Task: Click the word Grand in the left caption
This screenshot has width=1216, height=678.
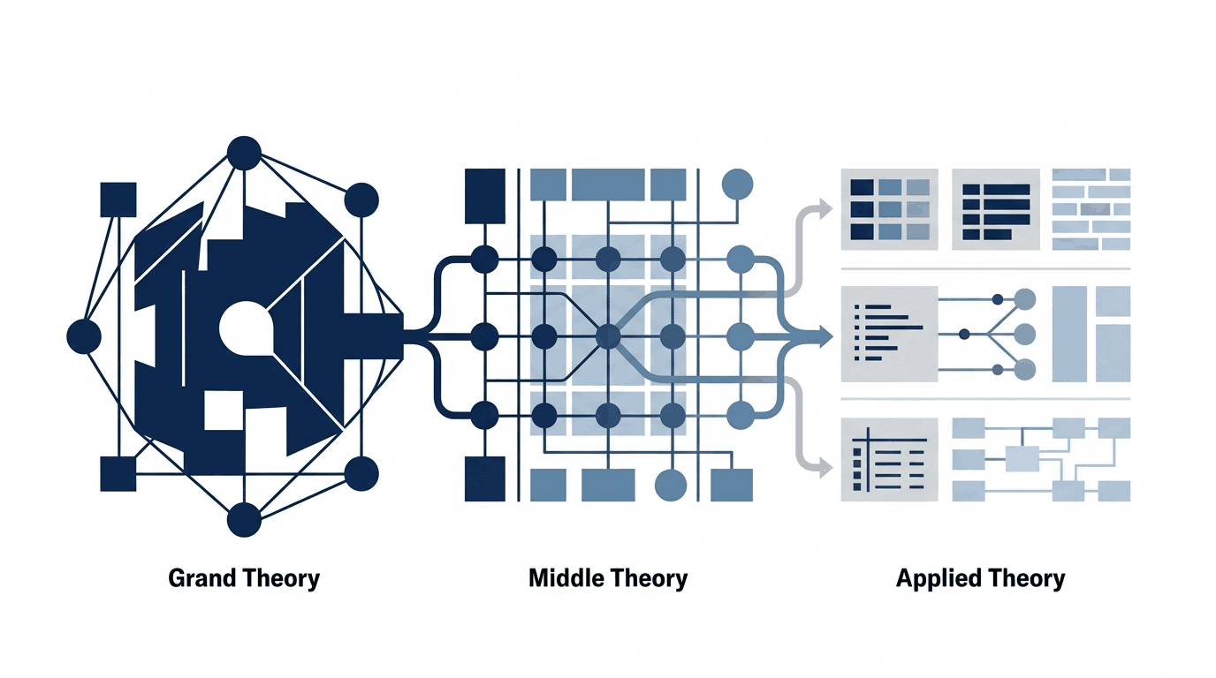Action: coord(202,578)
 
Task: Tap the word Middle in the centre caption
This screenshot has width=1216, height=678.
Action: coord(566,578)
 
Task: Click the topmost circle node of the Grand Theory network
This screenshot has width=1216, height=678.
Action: coord(244,153)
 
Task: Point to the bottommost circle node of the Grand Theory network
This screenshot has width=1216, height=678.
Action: coord(244,520)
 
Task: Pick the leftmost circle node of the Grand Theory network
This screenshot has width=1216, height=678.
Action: coord(84,336)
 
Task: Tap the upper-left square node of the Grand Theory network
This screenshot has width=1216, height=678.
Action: coord(118,200)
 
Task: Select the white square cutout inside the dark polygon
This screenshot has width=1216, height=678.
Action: coord(224,410)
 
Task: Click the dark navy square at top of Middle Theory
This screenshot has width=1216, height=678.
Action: coord(485,196)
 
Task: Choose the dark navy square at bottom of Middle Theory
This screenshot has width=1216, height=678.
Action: coord(485,478)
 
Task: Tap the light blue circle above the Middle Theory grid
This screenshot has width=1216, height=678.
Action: coord(737,184)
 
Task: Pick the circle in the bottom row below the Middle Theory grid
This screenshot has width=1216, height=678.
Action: coord(671,485)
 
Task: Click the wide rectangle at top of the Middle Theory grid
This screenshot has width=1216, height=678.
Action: coord(608,185)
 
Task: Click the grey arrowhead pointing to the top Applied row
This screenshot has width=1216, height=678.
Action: coord(824,208)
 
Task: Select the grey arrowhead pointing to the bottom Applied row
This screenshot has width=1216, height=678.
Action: coord(824,467)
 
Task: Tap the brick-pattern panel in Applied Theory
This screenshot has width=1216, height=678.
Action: coord(1091,209)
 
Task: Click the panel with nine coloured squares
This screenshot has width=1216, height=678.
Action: coord(889,209)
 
